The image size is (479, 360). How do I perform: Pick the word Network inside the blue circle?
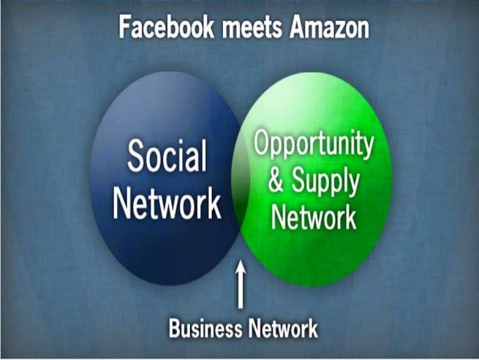[x=167, y=203]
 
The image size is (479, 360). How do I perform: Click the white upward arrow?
[x=240, y=286]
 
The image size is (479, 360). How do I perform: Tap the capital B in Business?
[x=175, y=328]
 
